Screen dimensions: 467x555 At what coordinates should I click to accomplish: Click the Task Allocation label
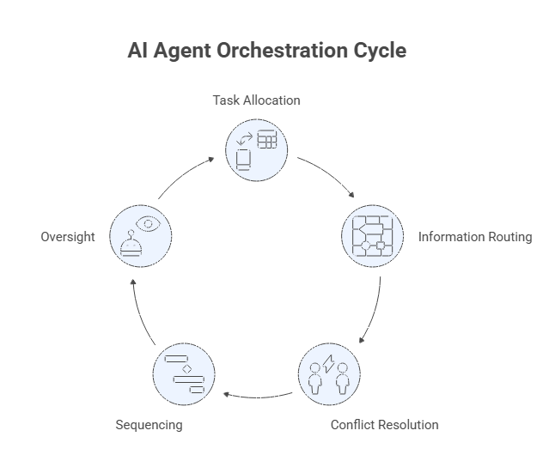(x=257, y=100)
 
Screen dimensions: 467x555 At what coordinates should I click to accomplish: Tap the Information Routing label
(x=474, y=236)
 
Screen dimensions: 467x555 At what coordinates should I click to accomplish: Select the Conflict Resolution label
(x=385, y=424)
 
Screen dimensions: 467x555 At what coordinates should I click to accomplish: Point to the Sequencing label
(x=149, y=424)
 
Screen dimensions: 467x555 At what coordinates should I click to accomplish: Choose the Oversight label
(x=67, y=236)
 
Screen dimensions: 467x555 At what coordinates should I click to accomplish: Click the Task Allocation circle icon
(x=256, y=149)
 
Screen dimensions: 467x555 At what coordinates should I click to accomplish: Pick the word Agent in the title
(x=183, y=51)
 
